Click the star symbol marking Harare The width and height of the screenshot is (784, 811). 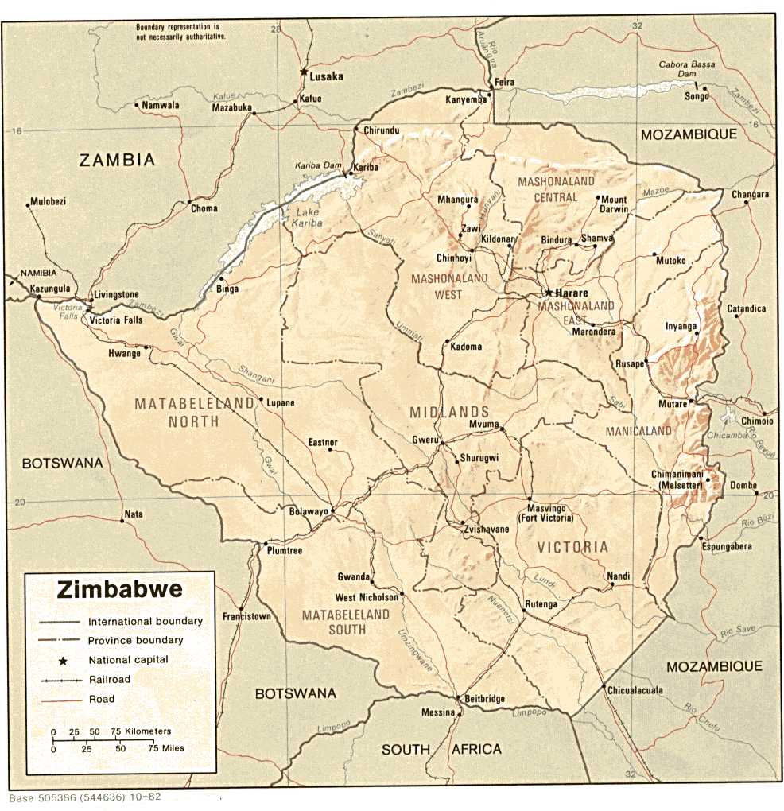point(548,292)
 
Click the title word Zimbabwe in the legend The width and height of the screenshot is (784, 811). point(119,590)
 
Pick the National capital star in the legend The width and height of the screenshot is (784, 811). point(62,660)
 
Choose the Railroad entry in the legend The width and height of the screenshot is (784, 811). point(109,680)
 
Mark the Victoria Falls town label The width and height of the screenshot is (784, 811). point(116,320)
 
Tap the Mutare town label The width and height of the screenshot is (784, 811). point(673,405)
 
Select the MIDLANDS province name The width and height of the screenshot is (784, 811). point(449,412)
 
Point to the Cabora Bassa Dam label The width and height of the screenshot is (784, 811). point(687,69)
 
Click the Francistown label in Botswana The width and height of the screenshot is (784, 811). point(246,616)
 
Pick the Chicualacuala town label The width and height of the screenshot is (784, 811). point(635,690)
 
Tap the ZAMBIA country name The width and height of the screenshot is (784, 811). point(117,160)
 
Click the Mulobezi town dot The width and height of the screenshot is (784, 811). point(28,206)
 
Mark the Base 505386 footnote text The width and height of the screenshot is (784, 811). point(86,797)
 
